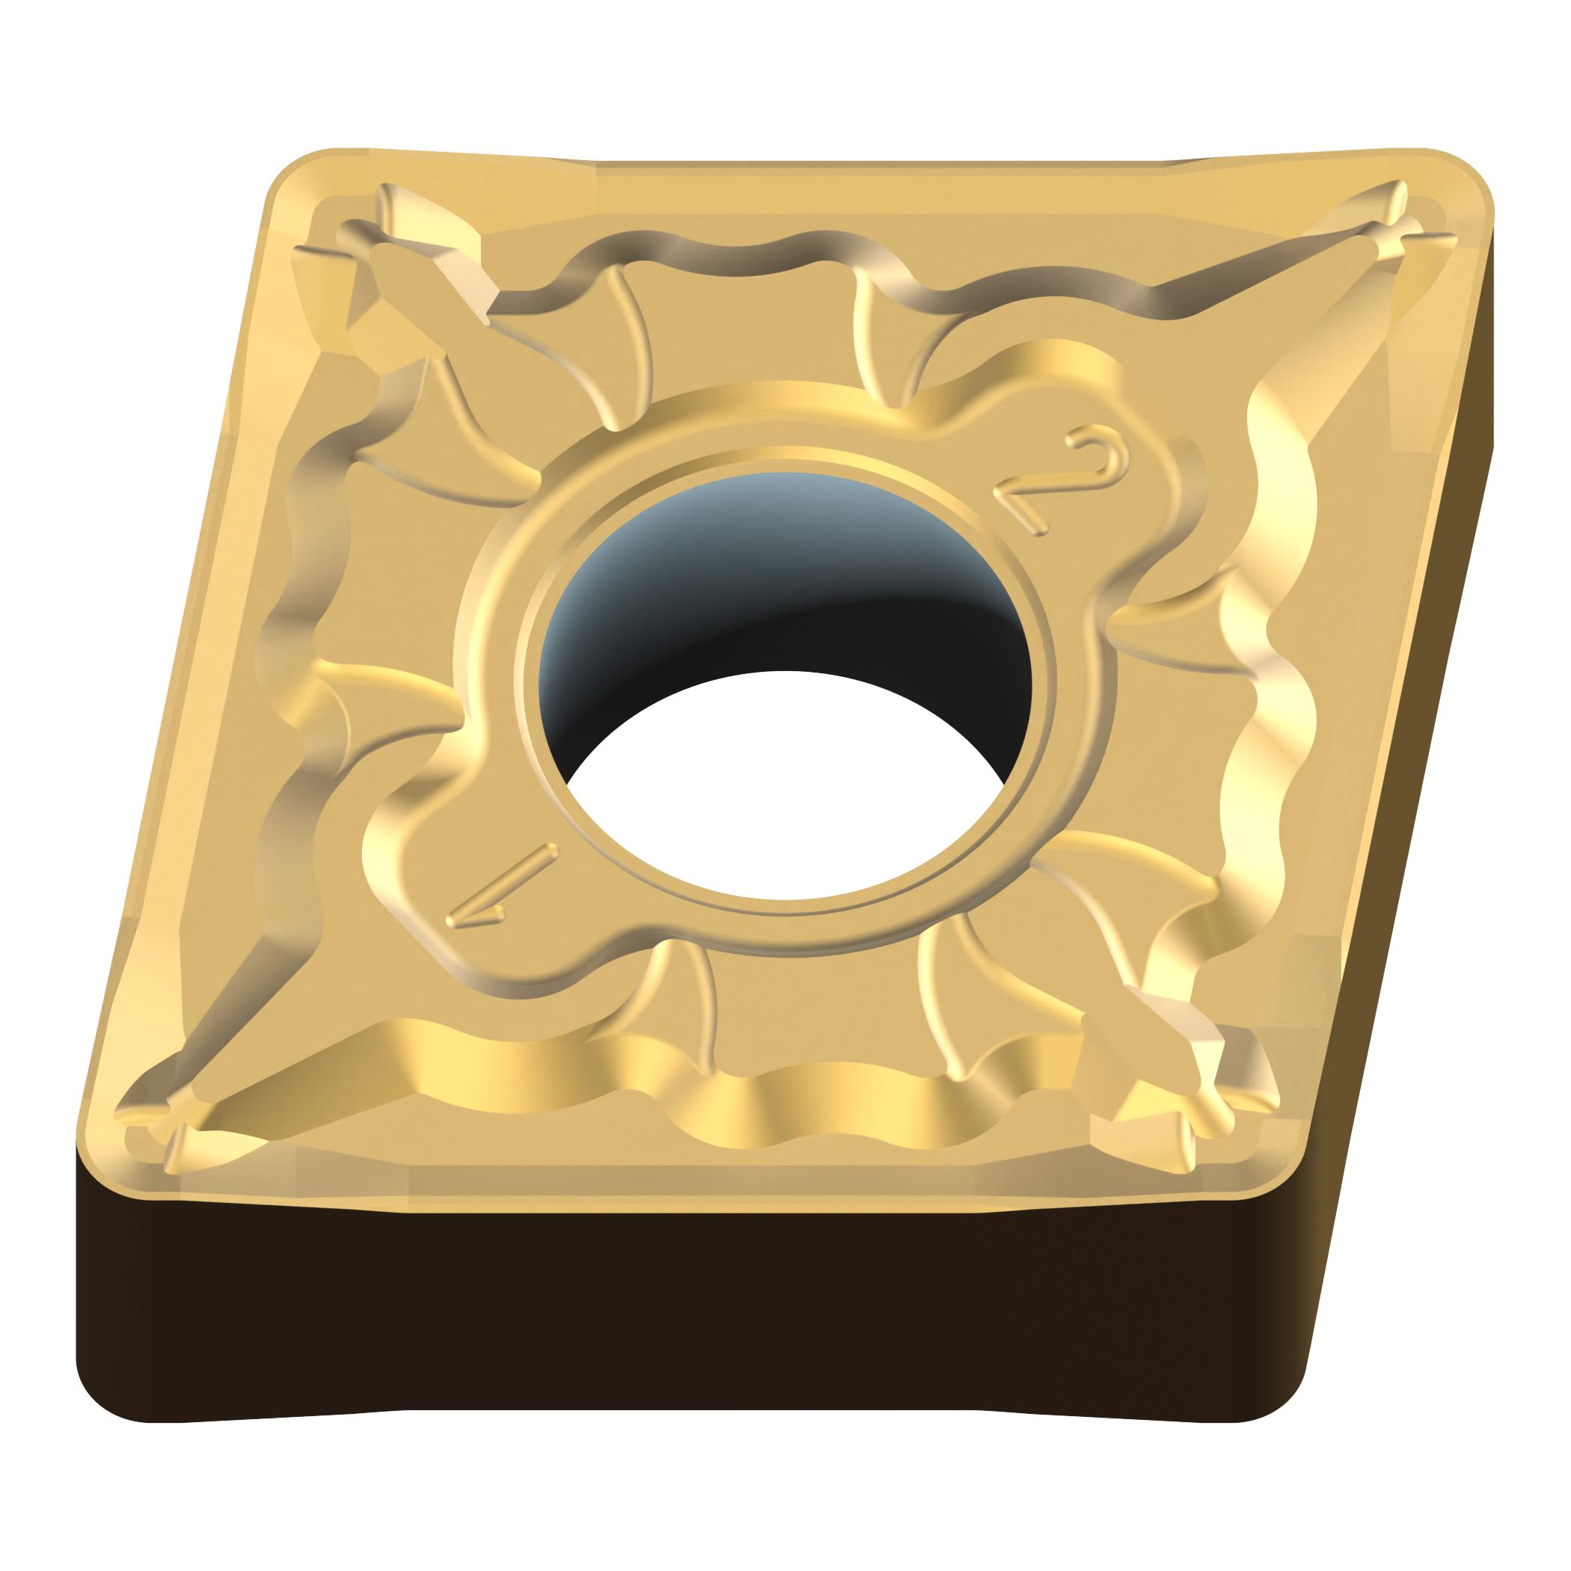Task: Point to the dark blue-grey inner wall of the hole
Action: coord(780,586)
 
